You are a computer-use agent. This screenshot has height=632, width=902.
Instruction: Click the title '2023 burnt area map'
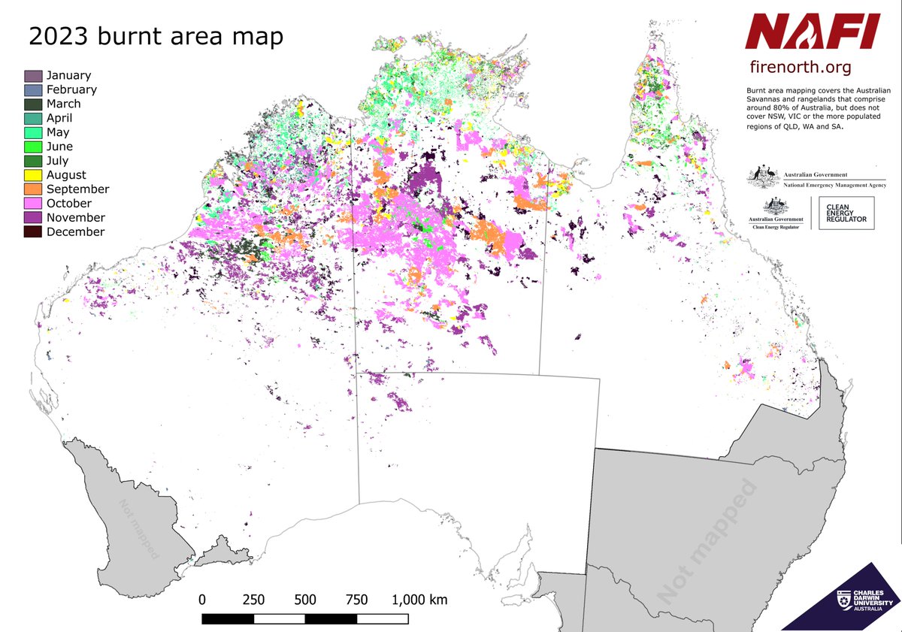pyautogui.click(x=156, y=37)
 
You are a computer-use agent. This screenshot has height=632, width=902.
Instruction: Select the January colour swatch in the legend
pyautogui.click(x=33, y=76)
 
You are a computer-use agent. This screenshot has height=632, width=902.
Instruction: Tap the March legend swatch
pyautogui.click(x=33, y=104)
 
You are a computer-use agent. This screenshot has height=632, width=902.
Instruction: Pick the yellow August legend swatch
pyautogui.click(x=33, y=175)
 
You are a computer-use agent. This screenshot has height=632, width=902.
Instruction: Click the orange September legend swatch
pyautogui.click(x=33, y=189)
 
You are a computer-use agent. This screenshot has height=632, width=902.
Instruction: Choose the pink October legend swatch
pyautogui.click(x=33, y=204)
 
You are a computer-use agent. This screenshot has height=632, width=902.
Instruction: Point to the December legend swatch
pyautogui.click(x=33, y=232)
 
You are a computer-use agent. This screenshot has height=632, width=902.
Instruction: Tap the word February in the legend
pyautogui.click(x=71, y=89)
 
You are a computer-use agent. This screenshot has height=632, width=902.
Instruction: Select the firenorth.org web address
pyautogui.click(x=800, y=68)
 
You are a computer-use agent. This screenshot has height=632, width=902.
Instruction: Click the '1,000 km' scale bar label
pyautogui.click(x=419, y=600)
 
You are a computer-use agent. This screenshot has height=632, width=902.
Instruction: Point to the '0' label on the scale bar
pyautogui.click(x=202, y=600)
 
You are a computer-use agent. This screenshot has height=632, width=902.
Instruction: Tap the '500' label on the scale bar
pyautogui.click(x=305, y=600)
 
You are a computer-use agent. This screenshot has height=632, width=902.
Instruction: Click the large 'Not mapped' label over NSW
pyautogui.click(x=707, y=541)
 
